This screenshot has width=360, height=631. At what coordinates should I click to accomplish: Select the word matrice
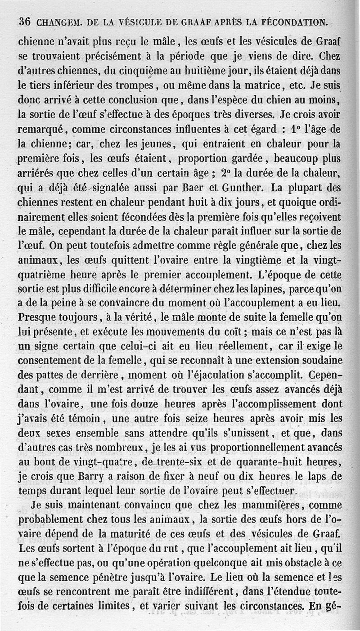pyautogui.click(x=258, y=85)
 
